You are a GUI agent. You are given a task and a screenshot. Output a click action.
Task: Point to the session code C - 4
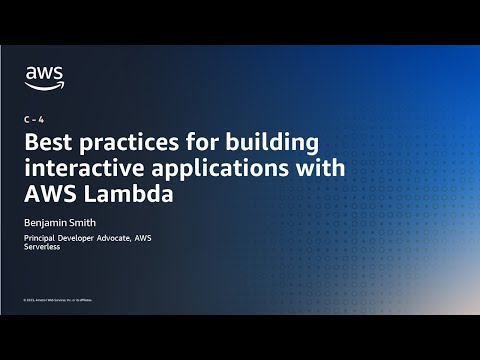[32, 119]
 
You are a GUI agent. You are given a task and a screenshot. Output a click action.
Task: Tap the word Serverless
[44, 247]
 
